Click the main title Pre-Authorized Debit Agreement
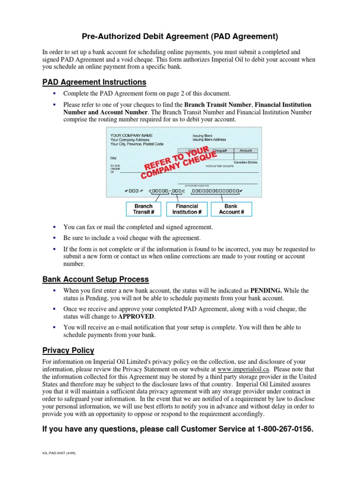click(x=180, y=36)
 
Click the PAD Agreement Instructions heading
click(x=94, y=82)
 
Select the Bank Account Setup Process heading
click(x=96, y=279)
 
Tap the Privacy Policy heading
click(x=68, y=350)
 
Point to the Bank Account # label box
click(x=231, y=209)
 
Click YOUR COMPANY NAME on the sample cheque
click(x=131, y=135)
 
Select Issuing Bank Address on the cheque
click(x=209, y=140)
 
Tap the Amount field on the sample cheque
click(x=246, y=150)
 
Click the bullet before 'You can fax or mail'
click(x=54, y=227)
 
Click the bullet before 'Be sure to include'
click(x=54, y=238)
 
